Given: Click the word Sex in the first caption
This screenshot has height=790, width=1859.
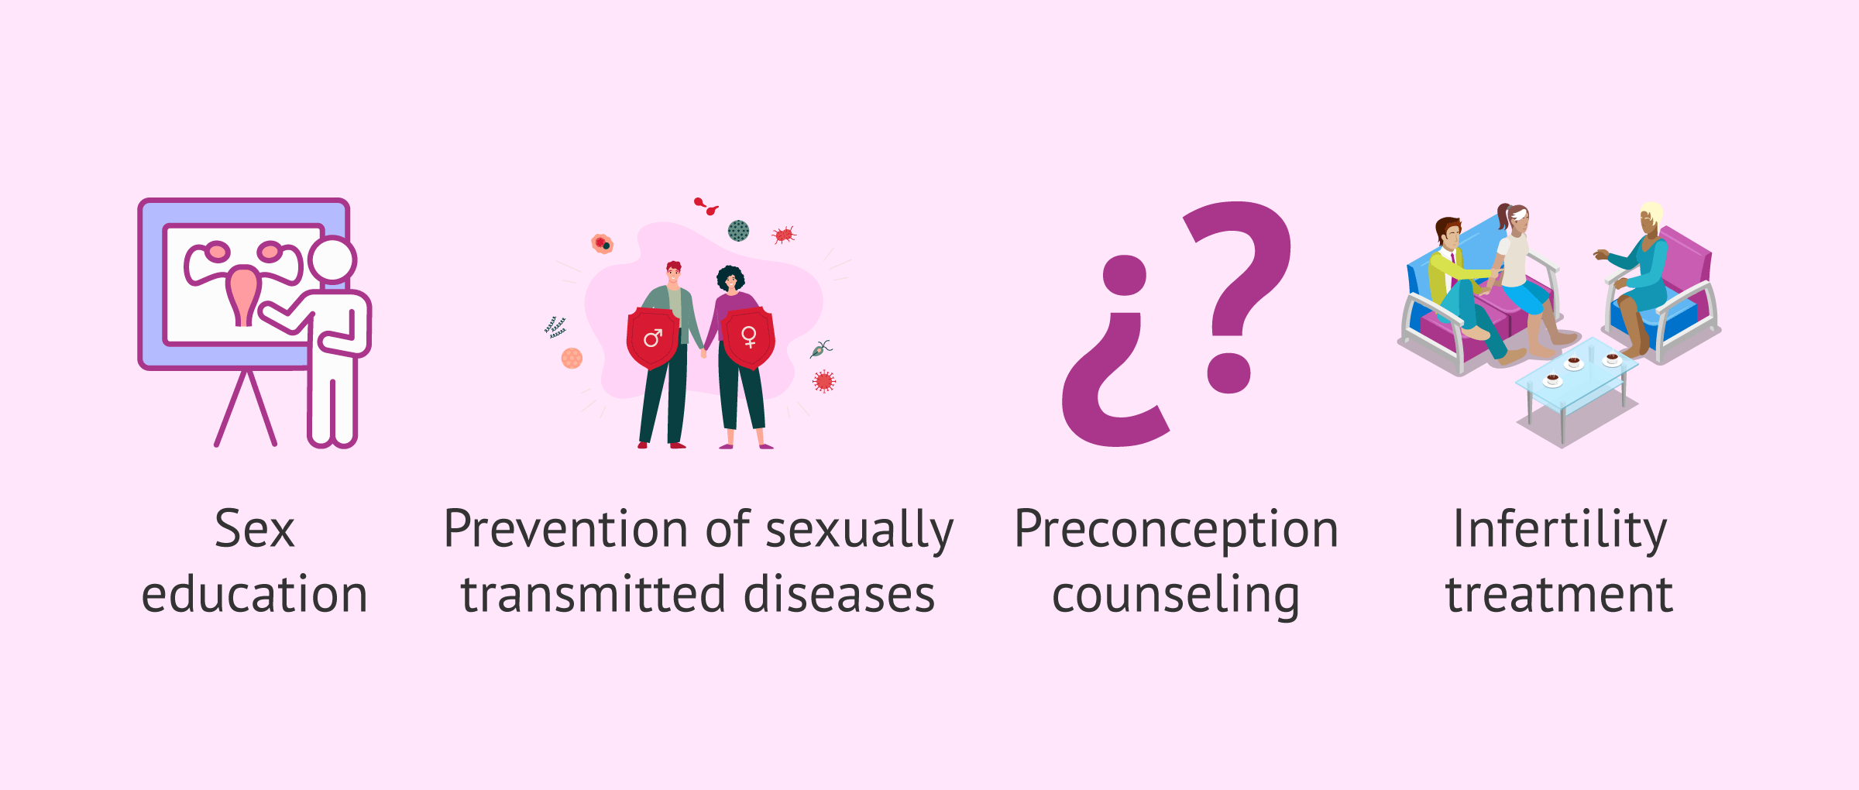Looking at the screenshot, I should (x=255, y=530).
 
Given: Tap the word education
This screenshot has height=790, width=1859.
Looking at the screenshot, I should (x=255, y=595).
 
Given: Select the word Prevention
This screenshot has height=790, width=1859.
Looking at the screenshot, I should (x=565, y=530).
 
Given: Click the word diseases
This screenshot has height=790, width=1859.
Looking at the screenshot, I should (x=840, y=595).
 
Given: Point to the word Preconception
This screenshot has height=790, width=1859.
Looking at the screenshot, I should (x=1176, y=530).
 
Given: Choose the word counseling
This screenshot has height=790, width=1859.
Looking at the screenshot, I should (x=1176, y=596).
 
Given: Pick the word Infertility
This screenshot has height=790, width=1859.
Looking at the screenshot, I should (x=1559, y=530).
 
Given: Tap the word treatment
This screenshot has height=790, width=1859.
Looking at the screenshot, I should (x=1559, y=595).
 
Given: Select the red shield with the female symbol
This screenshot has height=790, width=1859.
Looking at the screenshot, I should (x=748, y=338).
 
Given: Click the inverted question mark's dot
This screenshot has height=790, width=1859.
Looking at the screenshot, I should (x=1124, y=276).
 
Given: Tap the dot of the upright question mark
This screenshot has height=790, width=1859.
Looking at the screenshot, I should (x=1228, y=373).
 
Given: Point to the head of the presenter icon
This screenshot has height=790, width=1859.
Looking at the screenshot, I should (x=332, y=260).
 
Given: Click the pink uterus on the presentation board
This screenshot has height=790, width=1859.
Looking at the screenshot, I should (x=243, y=294).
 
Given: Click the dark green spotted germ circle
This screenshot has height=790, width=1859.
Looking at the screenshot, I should (x=738, y=230).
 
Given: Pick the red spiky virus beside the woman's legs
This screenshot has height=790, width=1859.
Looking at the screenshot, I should (x=824, y=381).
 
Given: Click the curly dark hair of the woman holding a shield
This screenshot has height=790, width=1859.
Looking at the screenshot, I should (x=730, y=276).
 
